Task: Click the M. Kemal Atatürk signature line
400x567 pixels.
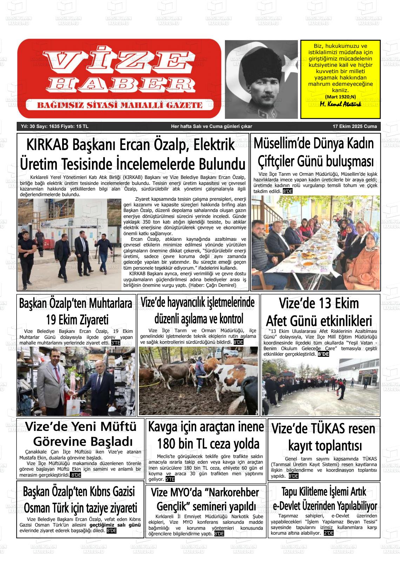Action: pos(340,104)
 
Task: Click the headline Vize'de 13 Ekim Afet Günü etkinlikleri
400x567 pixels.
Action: pos(319,312)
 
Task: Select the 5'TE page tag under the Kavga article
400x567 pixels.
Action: pos(170,479)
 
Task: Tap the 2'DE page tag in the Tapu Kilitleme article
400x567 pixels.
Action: pos(329,533)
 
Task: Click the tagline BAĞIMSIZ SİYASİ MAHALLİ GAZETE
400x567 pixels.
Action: pos(120,105)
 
